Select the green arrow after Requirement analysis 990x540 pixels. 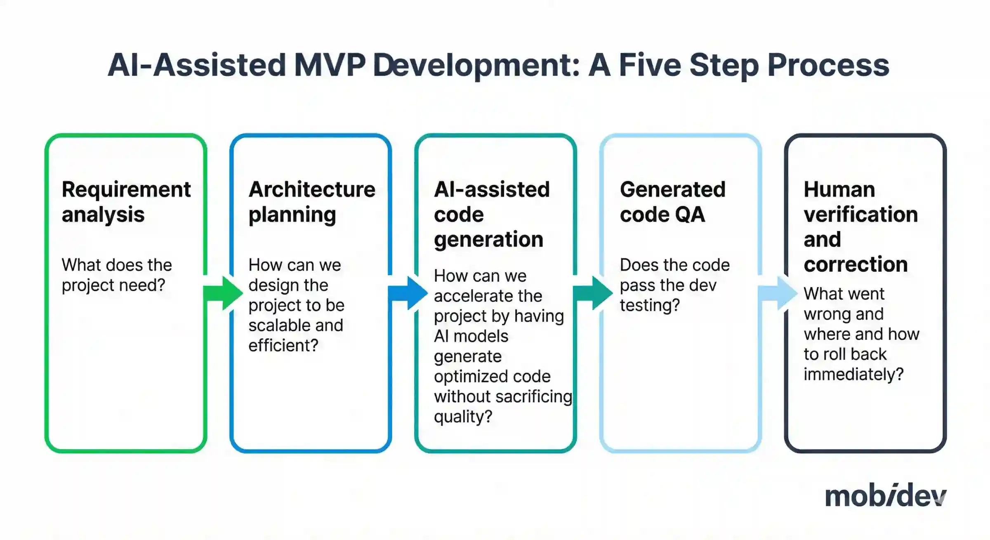point(223,293)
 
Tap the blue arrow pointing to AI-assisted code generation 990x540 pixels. point(408,293)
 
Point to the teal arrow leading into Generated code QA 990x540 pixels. point(593,293)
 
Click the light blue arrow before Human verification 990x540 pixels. point(778,293)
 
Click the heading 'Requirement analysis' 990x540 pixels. point(126,202)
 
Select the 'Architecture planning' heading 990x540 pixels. point(312,202)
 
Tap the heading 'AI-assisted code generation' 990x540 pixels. point(492,215)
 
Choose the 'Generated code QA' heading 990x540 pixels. point(672,202)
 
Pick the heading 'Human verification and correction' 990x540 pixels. point(861,227)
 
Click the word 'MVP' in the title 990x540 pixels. point(330,65)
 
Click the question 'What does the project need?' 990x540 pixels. point(117,275)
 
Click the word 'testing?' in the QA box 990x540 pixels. point(650,305)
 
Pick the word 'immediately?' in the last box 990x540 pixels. point(853,375)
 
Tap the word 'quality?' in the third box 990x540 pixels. point(463,417)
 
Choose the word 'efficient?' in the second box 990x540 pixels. point(283,345)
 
